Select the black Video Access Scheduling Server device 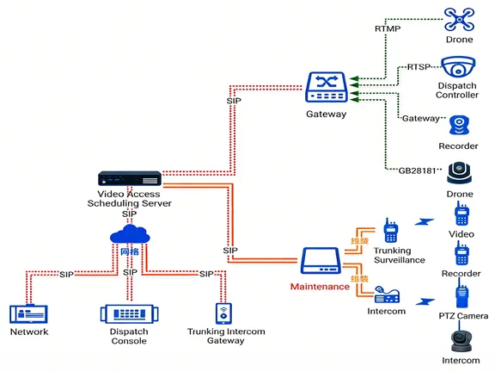coord(129,180)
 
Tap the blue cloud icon coord(130,235)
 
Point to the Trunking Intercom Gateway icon coord(223,312)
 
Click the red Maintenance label coord(320,286)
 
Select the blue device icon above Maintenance coord(321,261)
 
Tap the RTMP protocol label coord(387,28)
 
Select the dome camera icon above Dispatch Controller coord(458,67)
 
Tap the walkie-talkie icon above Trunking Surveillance coord(390,231)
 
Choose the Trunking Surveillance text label coord(399,256)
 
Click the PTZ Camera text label coord(461,317)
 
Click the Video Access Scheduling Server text coord(129,198)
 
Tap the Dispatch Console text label coord(129,336)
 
